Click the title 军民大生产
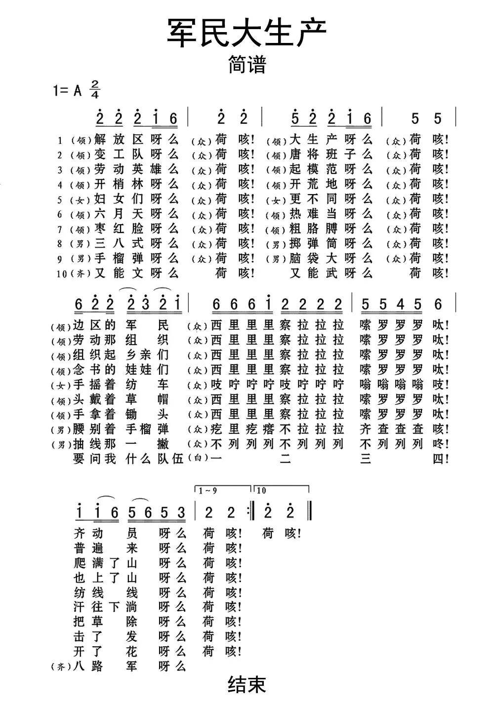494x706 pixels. [247, 34]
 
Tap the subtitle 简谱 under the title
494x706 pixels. [247, 64]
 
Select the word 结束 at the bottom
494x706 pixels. [247, 684]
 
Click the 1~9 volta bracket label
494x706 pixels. [207, 490]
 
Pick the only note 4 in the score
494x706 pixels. [401, 305]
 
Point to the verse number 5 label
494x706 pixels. [60, 200]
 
